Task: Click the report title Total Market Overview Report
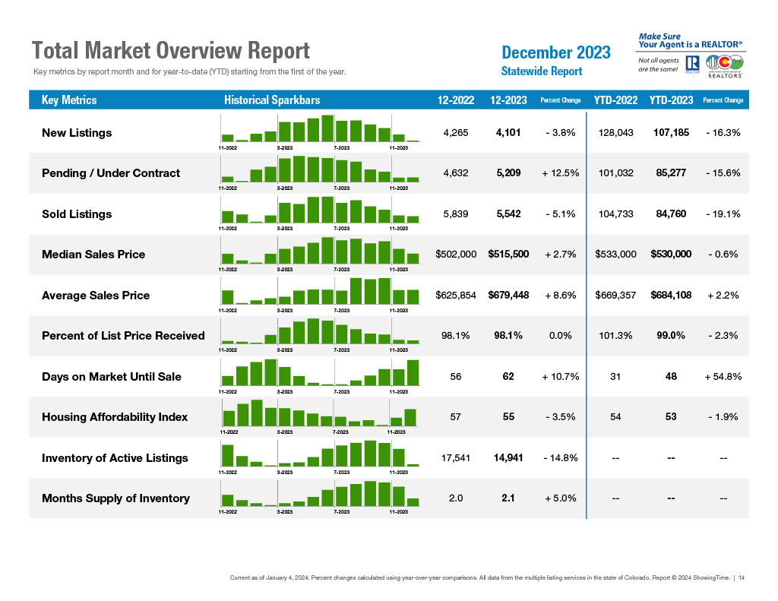[x=171, y=51]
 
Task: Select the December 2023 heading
[x=556, y=52]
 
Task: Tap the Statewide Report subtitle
[x=542, y=71]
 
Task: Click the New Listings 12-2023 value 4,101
[x=508, y=132]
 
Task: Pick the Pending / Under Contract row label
[x=111, y=173]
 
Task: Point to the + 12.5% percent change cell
[x=561, y=173]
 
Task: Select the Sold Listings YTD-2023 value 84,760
[x=671, y=214]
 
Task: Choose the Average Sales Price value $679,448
[x=508, y=295]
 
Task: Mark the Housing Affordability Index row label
[x=115, y=417]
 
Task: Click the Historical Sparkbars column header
[x=272, y=100]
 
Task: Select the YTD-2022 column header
[x=616, y=100]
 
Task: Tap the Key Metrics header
[x=69, y=100]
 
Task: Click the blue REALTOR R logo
[x=692, y=63]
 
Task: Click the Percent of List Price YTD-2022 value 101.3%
[x=616, y=336]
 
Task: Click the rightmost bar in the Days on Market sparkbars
[x=413, y=372]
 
